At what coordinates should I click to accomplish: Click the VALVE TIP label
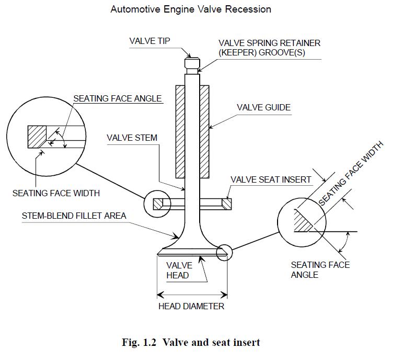[149, 41]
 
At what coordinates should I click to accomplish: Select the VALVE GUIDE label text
[263, 108]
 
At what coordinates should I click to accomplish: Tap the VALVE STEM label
[132, 138]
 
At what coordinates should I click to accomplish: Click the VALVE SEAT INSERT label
[271, 179]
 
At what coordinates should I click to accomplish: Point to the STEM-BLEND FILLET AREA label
[74, 215]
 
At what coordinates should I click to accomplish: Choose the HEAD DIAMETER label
[191, 306]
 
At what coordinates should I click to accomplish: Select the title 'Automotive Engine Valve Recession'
[191, 9]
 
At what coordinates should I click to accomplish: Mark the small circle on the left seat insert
[157, 204]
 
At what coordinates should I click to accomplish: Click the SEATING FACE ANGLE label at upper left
[117, 98]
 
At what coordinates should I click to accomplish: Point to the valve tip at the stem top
[192, 59]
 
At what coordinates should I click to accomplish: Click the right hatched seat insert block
[226, 203]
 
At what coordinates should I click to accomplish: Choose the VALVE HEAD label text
[179, 271]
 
